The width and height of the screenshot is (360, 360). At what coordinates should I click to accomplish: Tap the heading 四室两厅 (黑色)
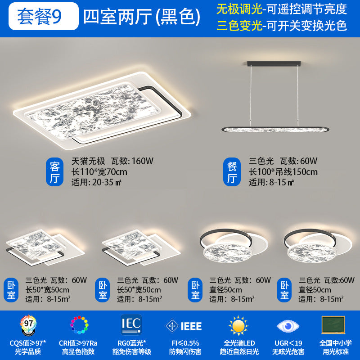142,17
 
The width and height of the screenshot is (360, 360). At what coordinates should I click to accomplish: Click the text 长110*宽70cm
99,172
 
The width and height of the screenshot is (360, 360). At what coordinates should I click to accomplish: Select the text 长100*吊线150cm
283,172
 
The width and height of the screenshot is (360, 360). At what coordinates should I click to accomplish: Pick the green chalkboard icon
333,324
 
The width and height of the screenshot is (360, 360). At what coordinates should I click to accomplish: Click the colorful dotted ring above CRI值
79,325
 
